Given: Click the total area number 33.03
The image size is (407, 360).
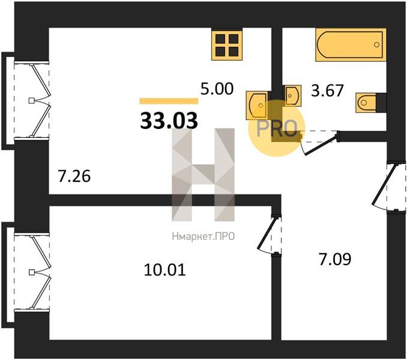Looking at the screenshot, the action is click(x=169, y=121).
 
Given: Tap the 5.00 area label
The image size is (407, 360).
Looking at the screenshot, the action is click(x=217, y=89).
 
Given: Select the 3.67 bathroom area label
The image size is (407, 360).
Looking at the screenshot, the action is click(x=327, y=91).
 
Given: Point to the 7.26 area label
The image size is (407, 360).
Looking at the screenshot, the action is click(x=74, y=176).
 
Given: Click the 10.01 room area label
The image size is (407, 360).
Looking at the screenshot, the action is click(x=165, y=270).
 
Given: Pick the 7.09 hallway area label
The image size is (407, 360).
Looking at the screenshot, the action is click(x=335, y=259).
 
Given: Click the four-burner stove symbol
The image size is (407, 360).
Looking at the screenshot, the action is click(x=227, y=44).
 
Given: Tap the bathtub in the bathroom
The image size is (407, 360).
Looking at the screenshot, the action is click(x=351, y=45).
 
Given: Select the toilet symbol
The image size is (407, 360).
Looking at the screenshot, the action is click(x=366, y=103).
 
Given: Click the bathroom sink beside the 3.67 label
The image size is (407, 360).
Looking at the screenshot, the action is click(x=293, y=95).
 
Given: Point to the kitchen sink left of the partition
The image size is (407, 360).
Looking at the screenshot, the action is click(x=257, y=105).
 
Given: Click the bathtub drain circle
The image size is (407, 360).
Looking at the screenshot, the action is click(x=376, y=44).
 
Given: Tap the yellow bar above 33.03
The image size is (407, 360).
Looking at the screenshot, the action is click(x=169, y=101).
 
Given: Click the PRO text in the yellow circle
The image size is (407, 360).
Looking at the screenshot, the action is click(x=277, y=128).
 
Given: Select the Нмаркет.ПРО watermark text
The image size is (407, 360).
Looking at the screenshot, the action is click(x=203, y=236).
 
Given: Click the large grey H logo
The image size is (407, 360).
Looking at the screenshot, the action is click(x=203, y=175).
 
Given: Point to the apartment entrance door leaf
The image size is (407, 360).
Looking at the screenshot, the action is click(x=384, y=184).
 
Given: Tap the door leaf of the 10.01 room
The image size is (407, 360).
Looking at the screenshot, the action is click(x=267, y=233).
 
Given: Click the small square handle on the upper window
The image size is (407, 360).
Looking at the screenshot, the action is click(x=31, y=100).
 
